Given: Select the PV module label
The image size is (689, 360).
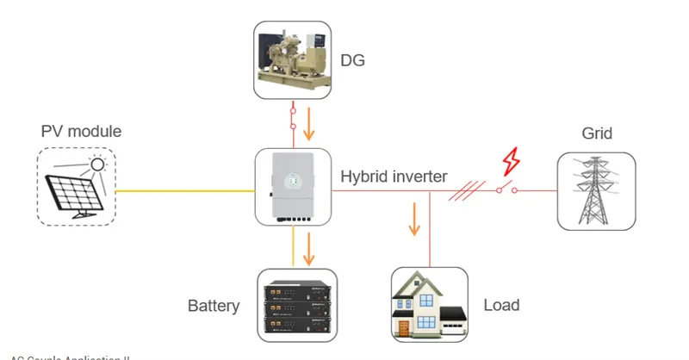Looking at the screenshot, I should click(81, 132).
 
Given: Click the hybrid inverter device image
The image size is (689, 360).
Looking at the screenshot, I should click(294, 187).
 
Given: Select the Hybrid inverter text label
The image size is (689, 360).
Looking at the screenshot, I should click(394, 177).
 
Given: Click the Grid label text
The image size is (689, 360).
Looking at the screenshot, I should click(596, 133).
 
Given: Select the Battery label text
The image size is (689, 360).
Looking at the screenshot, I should click(214, 306).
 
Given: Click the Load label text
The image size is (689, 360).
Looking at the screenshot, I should click(500, 305).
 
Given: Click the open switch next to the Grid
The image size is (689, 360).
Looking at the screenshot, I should click(509, 189).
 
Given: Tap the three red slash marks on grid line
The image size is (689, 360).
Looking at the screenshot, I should click(462, 189).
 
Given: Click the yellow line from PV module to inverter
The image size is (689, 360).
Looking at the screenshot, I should click(185, 190).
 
